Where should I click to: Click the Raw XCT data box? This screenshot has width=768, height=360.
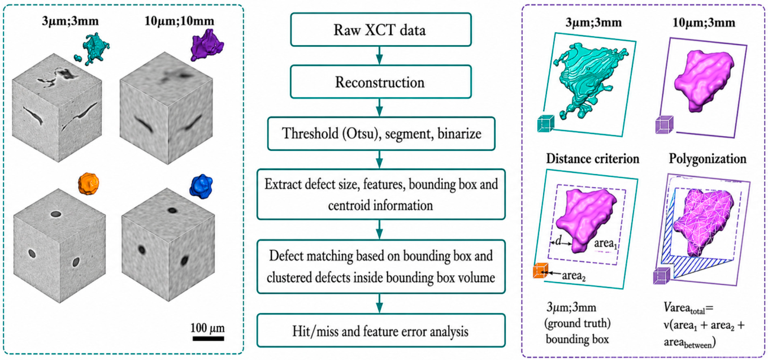tap(380, 29)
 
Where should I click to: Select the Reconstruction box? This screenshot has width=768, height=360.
tap(380, 82)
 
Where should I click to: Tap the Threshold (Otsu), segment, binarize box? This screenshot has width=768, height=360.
tap(381, 133)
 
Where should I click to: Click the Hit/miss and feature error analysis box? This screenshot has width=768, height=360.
tap(381, 331)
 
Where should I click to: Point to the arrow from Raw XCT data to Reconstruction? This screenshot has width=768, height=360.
tap(379, 55)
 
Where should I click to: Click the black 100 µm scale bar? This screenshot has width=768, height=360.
tap(208, 339)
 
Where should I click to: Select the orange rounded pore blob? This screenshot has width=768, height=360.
tap(89, 184)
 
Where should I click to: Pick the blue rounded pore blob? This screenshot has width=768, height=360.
tap(201, 186)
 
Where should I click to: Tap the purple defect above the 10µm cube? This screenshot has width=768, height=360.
tap(207, 45)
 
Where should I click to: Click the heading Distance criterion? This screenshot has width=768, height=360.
tap(592, 159)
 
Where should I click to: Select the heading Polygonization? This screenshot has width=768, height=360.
tap(708, 159)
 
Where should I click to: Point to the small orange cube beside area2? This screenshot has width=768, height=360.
tap(540, 271)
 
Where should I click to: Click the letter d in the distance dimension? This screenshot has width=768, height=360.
tap(558, 241)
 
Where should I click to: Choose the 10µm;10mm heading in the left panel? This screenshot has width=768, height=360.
tap(179, 21)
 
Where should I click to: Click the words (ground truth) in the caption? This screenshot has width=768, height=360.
tap(578, 323)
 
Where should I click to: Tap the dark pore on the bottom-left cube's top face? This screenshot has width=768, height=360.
tap(56, 214)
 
